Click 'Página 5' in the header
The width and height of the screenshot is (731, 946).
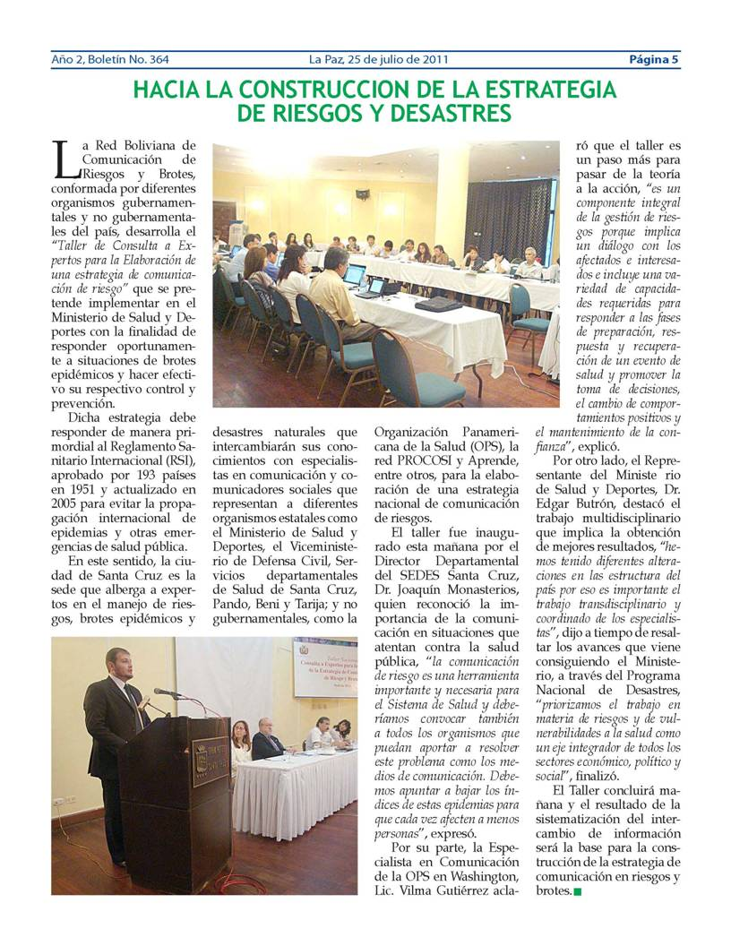pyautogui.click(x=653, y=60)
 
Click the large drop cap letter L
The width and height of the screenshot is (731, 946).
pyautogui.click(x=63, y=159)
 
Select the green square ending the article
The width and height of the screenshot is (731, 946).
pyautogui.click(x=577, y=891)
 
